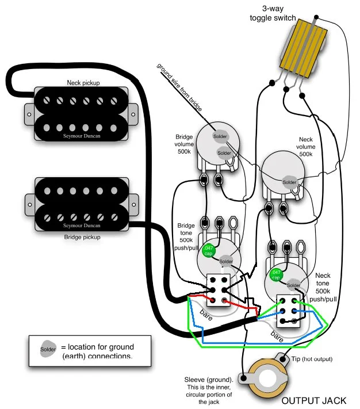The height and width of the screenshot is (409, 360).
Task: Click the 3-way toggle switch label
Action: point(273,13)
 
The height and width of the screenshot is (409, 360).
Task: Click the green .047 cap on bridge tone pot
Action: point(208,250)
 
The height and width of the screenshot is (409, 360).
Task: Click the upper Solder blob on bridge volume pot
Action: point(220,136)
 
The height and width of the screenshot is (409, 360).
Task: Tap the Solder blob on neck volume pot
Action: point(289,182)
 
